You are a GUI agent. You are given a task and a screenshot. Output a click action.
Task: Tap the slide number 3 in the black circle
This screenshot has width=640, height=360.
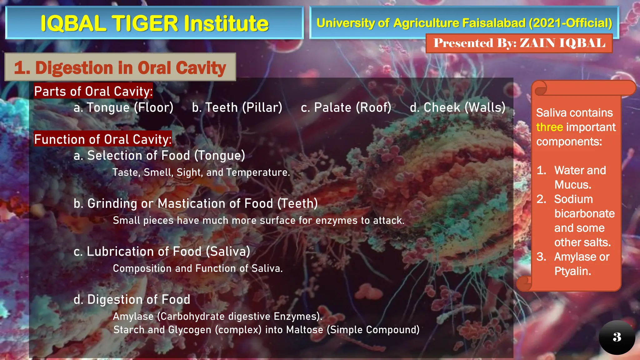point(617,337)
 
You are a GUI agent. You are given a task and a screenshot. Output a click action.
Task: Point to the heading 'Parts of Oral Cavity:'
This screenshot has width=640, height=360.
point(93,91)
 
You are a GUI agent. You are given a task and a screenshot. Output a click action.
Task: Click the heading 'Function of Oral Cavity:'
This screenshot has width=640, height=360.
point(103,139)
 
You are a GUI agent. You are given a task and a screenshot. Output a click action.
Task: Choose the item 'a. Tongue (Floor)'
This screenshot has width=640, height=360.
point(123,107)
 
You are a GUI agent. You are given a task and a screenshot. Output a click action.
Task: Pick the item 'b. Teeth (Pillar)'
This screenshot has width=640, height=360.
point(237,107)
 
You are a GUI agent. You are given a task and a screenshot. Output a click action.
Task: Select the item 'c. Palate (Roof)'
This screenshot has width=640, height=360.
point(346,107)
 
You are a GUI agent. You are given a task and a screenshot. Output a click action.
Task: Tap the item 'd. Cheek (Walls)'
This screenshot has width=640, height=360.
point(457,107)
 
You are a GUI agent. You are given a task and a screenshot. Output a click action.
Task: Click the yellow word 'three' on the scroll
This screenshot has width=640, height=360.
point(549,127)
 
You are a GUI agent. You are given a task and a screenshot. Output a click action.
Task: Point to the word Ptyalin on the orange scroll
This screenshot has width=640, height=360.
point(572,271)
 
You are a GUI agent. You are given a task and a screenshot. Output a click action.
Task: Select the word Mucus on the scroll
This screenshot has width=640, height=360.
point(572,185)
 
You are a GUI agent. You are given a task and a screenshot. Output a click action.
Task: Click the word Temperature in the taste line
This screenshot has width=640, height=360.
point(258,172)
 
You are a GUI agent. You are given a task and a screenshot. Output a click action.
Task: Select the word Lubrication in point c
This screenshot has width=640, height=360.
point(126,252)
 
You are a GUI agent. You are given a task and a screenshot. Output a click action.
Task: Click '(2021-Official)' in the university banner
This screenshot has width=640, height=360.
point(570,23)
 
